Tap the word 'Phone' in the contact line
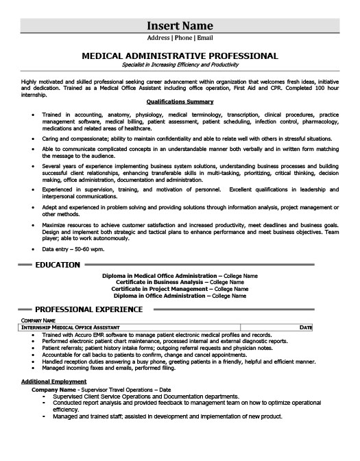180,38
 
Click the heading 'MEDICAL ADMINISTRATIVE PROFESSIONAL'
180,56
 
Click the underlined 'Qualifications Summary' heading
180,102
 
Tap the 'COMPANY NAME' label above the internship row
37,320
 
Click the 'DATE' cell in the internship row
306,328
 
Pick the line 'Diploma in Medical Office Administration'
180,275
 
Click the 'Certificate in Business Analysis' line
180,281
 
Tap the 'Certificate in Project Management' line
180,288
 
